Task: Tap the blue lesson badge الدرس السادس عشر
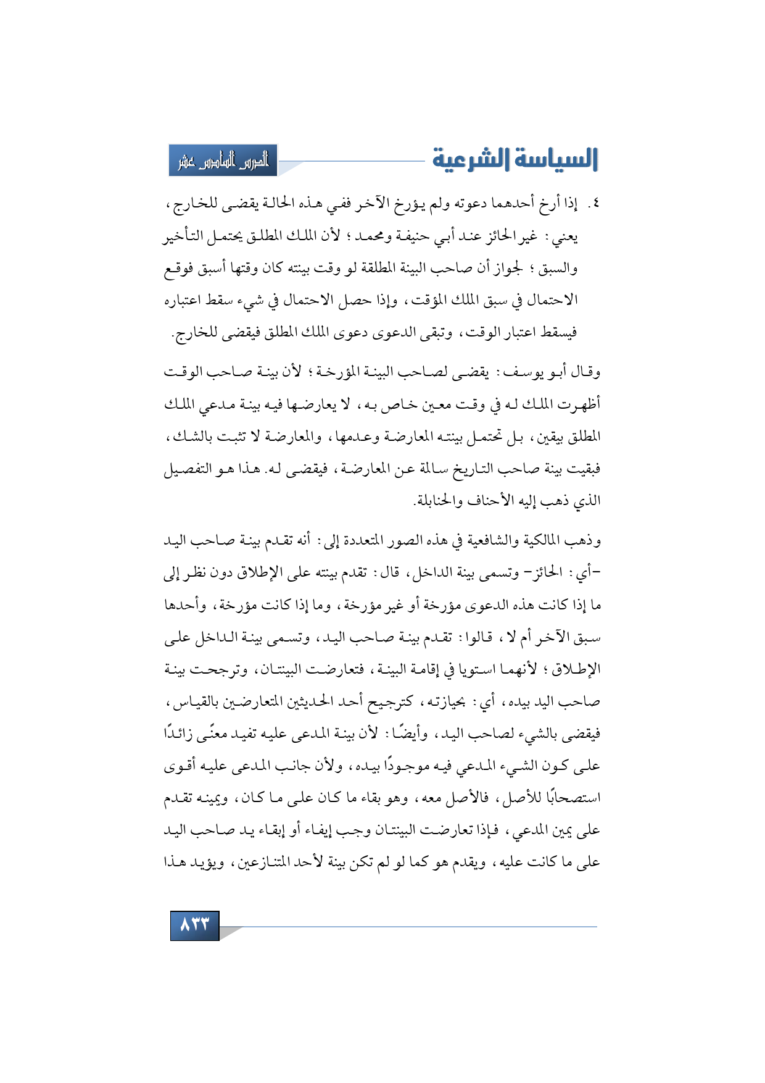[x=223, y=161]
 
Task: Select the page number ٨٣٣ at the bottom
[x=195, y=924]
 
